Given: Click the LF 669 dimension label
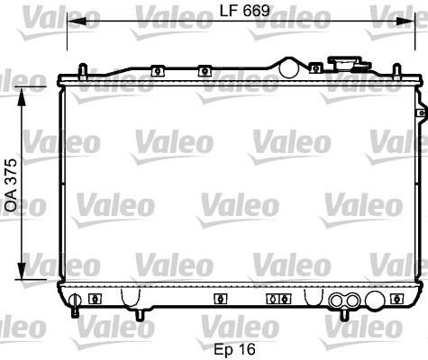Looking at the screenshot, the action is (245, 11).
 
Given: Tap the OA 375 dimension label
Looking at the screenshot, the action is (12, 185).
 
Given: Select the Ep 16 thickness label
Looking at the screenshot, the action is (235, 349).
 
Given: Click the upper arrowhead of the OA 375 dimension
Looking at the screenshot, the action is (22, 96).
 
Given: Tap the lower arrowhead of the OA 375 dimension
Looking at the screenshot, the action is (22, 270).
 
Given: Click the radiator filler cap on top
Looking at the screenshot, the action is (350, 64).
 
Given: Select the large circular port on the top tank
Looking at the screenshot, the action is (289, 68).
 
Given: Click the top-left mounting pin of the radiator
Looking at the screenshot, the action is (83, 71).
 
